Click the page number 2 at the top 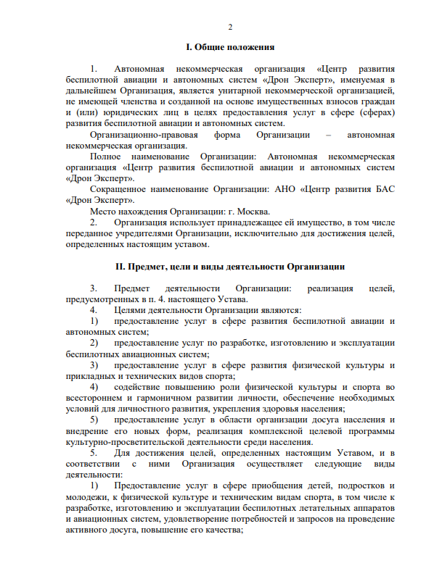[x=230, y=28]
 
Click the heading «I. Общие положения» [x=230, y=48]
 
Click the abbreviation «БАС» [x=382, y=188]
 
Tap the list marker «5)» [x=94, y=420]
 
